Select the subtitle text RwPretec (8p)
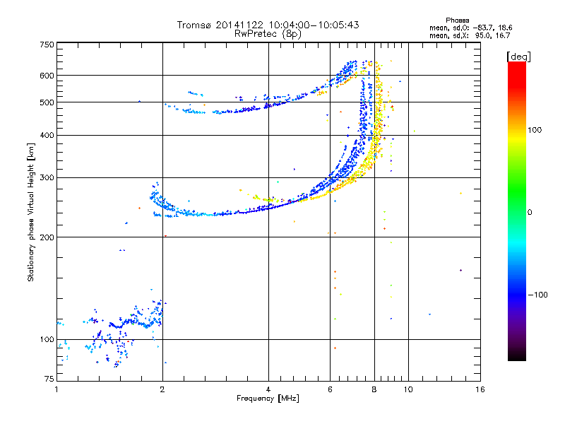coord(268,34)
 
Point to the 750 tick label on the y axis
coord(47,45)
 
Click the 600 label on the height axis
coord(47,76)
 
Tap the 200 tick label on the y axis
coord(47,237)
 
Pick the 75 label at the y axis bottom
coord(49,379)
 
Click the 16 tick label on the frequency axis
coord(480,389)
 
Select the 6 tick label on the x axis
coord(330,389)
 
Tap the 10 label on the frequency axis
coord(408,389)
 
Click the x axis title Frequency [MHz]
coord(268,399)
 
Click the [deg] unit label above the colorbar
coord(518,57)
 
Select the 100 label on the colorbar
coord(535,130)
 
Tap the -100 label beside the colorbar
coord(537,295)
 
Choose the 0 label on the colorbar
coord(530,213)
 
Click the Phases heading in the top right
coord(457,20)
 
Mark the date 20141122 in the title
coord(239,25)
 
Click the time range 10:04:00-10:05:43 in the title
coord(314,25)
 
